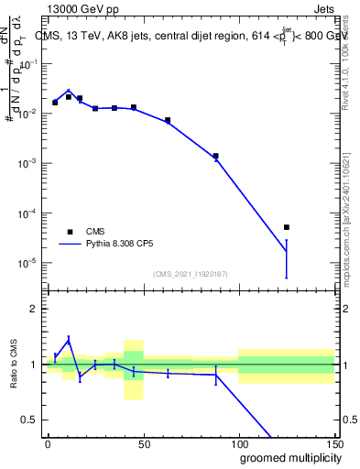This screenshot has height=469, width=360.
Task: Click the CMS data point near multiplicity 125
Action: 287,227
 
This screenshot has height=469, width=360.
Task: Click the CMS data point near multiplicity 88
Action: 215,156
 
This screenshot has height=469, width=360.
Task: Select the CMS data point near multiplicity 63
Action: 168,120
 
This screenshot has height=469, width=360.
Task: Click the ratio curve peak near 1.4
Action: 69,338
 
